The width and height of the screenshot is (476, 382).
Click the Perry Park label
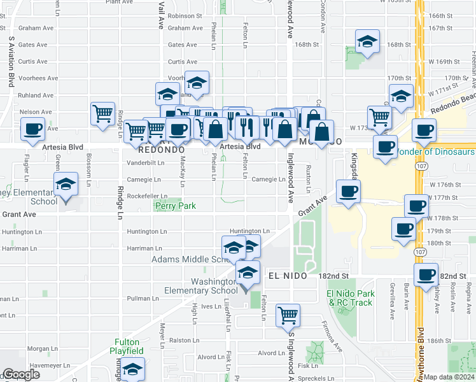pos(175,206)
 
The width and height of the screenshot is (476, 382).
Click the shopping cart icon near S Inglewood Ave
pos(288,315)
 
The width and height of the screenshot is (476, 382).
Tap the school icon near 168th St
pos(367,42)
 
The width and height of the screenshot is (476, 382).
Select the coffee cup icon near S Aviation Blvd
pos(33,129)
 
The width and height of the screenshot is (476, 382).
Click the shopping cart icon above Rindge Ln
pos(102,114)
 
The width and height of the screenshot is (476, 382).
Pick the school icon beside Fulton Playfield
pos(132,369)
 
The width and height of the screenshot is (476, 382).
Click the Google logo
pos(21,375)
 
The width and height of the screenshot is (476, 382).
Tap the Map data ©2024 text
pos(449,377)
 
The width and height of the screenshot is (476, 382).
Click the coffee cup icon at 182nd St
pos(426,275)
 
